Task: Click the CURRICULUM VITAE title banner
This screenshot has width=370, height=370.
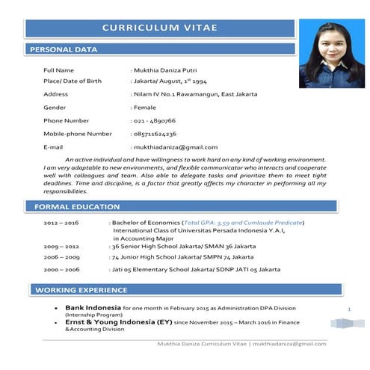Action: tap(160, 28)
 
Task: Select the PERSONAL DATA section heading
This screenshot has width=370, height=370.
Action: tap(63, 50)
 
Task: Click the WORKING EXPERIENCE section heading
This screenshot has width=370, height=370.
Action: tap(81, 290)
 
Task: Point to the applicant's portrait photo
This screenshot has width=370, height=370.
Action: tap(331, 54)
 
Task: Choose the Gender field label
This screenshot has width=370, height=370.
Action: tap(56, 108)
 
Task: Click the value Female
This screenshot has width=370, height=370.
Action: tap(145, 108)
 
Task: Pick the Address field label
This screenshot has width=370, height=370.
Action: tap(56, 94)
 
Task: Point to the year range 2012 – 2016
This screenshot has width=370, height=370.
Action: tap(61, 223)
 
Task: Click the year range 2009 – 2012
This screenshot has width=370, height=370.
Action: tap(61, 246)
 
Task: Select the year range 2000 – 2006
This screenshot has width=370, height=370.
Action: tap(61, 268)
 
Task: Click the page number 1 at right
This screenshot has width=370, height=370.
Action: tap(350, 308)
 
